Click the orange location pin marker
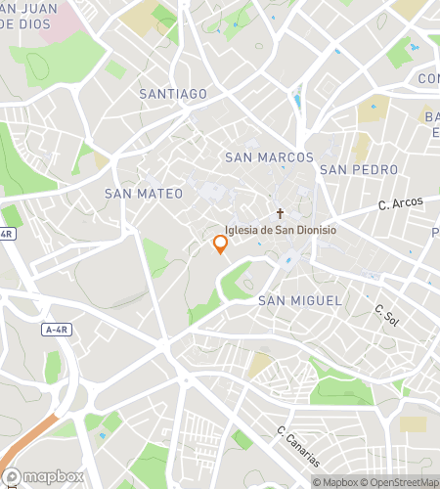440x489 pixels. [221, 244]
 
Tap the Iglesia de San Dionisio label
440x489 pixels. [281, 231]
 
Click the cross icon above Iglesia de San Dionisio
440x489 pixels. [280, 213]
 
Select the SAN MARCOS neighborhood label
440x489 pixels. [269, 157]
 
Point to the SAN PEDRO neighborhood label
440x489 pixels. [359, 169]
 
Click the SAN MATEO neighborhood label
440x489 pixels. [144, 194]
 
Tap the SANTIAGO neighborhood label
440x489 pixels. [173, 94]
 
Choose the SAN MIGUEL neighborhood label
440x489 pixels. [300, 301]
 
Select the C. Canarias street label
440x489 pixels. [297, 446]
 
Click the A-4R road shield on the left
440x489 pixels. [59, 331]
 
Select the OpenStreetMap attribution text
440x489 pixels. [401, 481]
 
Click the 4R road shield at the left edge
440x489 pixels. [7, 234]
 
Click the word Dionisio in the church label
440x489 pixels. [311, 231]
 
